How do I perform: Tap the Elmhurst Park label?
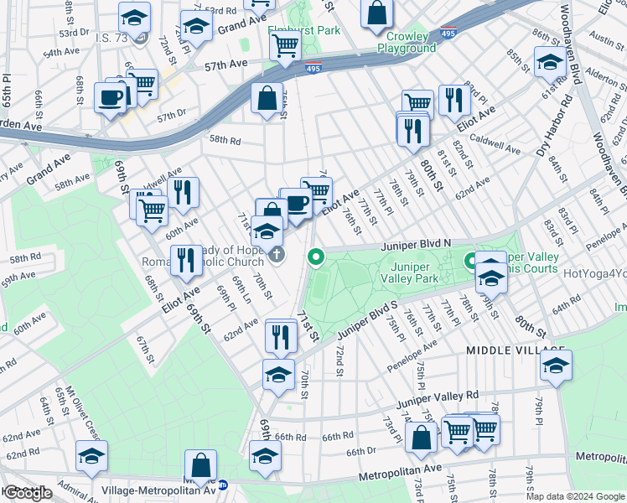click(x=304, y=30)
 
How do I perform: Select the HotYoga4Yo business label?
click(x=594, y=273)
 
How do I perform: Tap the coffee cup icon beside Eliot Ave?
click(x=295, y=203)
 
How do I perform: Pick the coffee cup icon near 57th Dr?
click(x=111, y=97)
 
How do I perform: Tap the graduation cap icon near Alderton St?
click(x=550, y=64)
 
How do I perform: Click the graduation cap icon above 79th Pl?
click(x=555, y=365)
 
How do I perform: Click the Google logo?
click(x=28, y=493)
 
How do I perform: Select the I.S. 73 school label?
click(x=114, y=38)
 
